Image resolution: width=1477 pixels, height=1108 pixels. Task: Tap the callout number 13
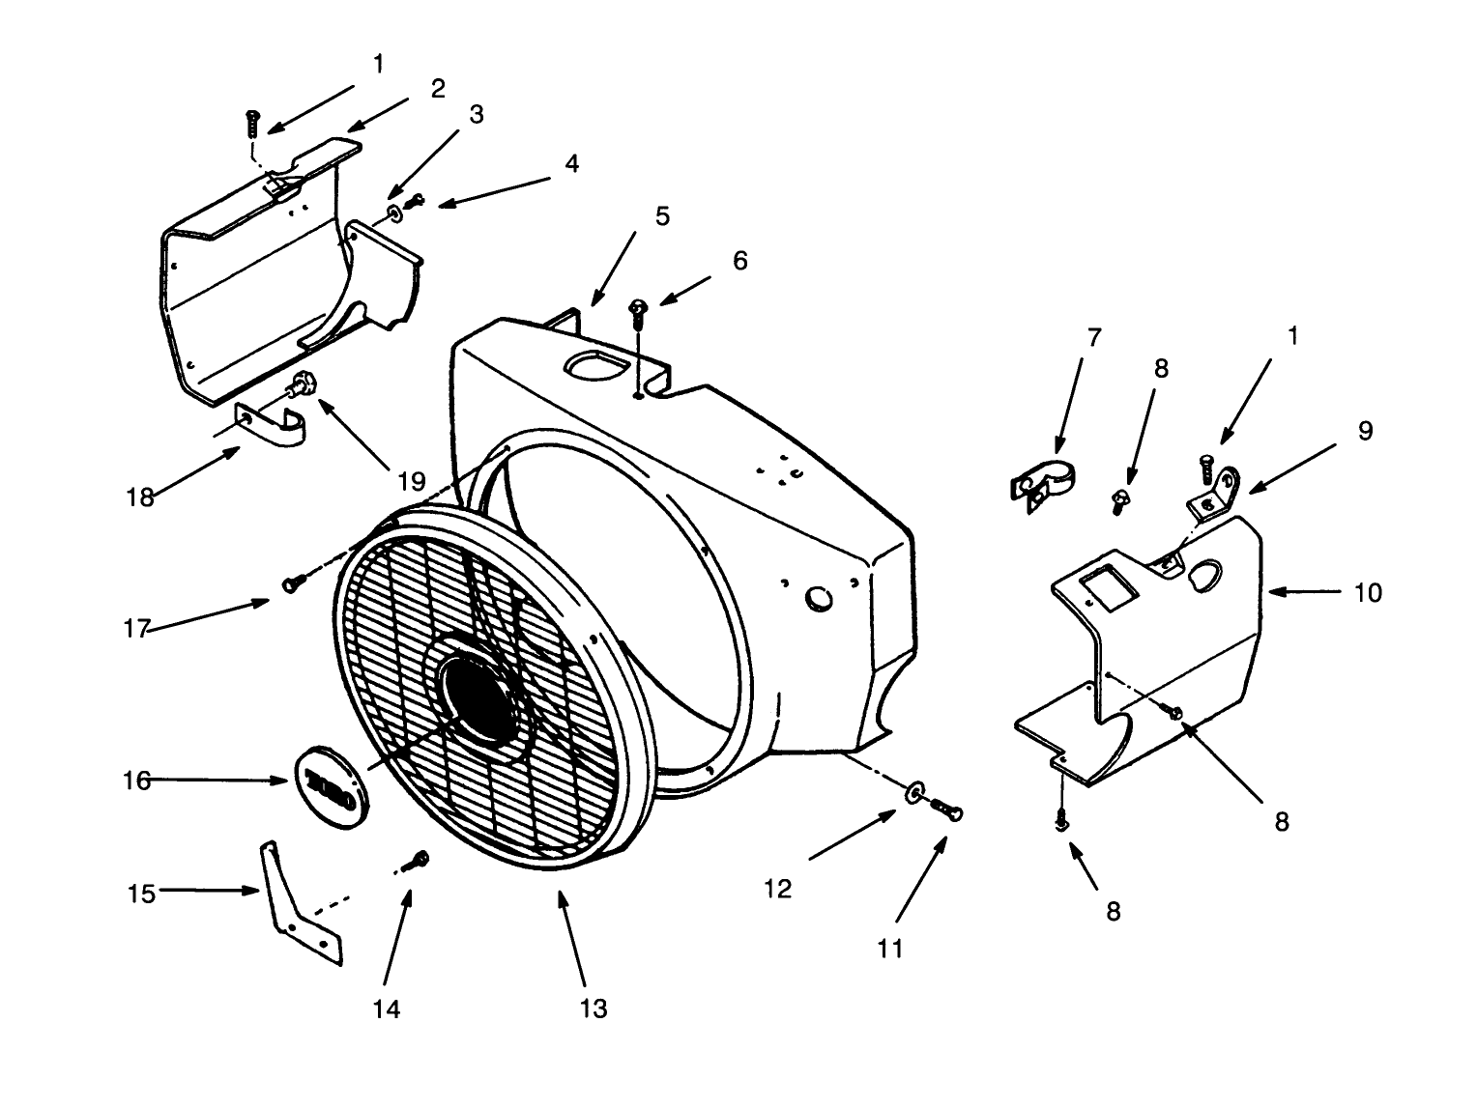594,1009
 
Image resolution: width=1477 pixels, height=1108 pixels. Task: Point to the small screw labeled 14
420,859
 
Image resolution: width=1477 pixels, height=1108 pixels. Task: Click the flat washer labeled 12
912,794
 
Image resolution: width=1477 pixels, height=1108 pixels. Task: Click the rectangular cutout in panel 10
1104,588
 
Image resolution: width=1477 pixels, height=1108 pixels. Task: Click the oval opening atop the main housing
592,366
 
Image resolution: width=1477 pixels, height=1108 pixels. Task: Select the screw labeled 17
293,582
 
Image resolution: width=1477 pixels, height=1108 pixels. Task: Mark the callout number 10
1368,591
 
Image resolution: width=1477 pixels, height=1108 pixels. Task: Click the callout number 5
662,215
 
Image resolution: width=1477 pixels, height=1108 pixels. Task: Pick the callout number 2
438,89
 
